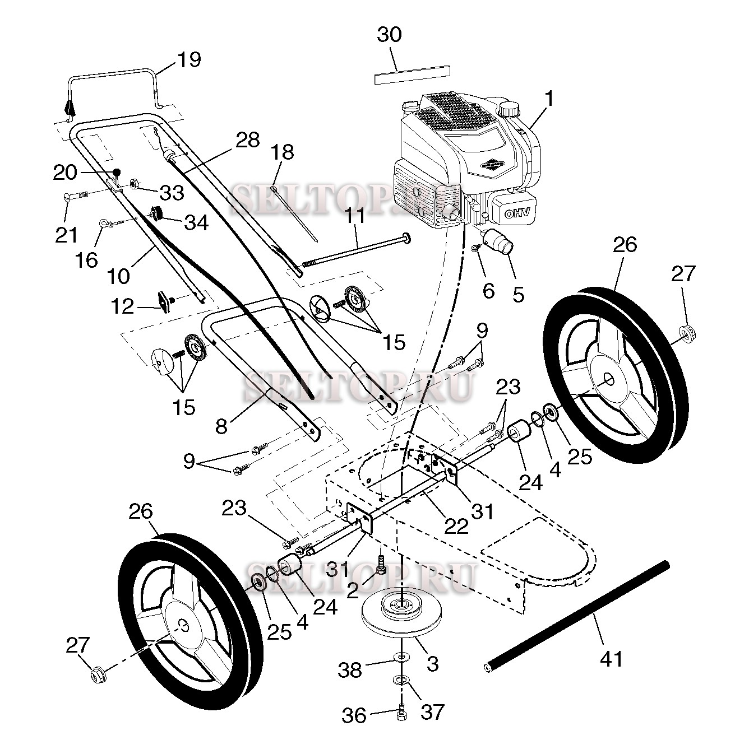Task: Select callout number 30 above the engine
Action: click(389, 35)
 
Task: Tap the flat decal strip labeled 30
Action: click(412, 75)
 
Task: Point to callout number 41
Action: click(611, 659)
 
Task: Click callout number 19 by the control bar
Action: click(189, 59)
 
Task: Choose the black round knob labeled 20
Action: click(117, 171)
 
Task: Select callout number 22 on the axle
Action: click(456, 525)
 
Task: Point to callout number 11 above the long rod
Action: click(355, 216)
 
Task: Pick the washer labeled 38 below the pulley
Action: click(401, 656)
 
